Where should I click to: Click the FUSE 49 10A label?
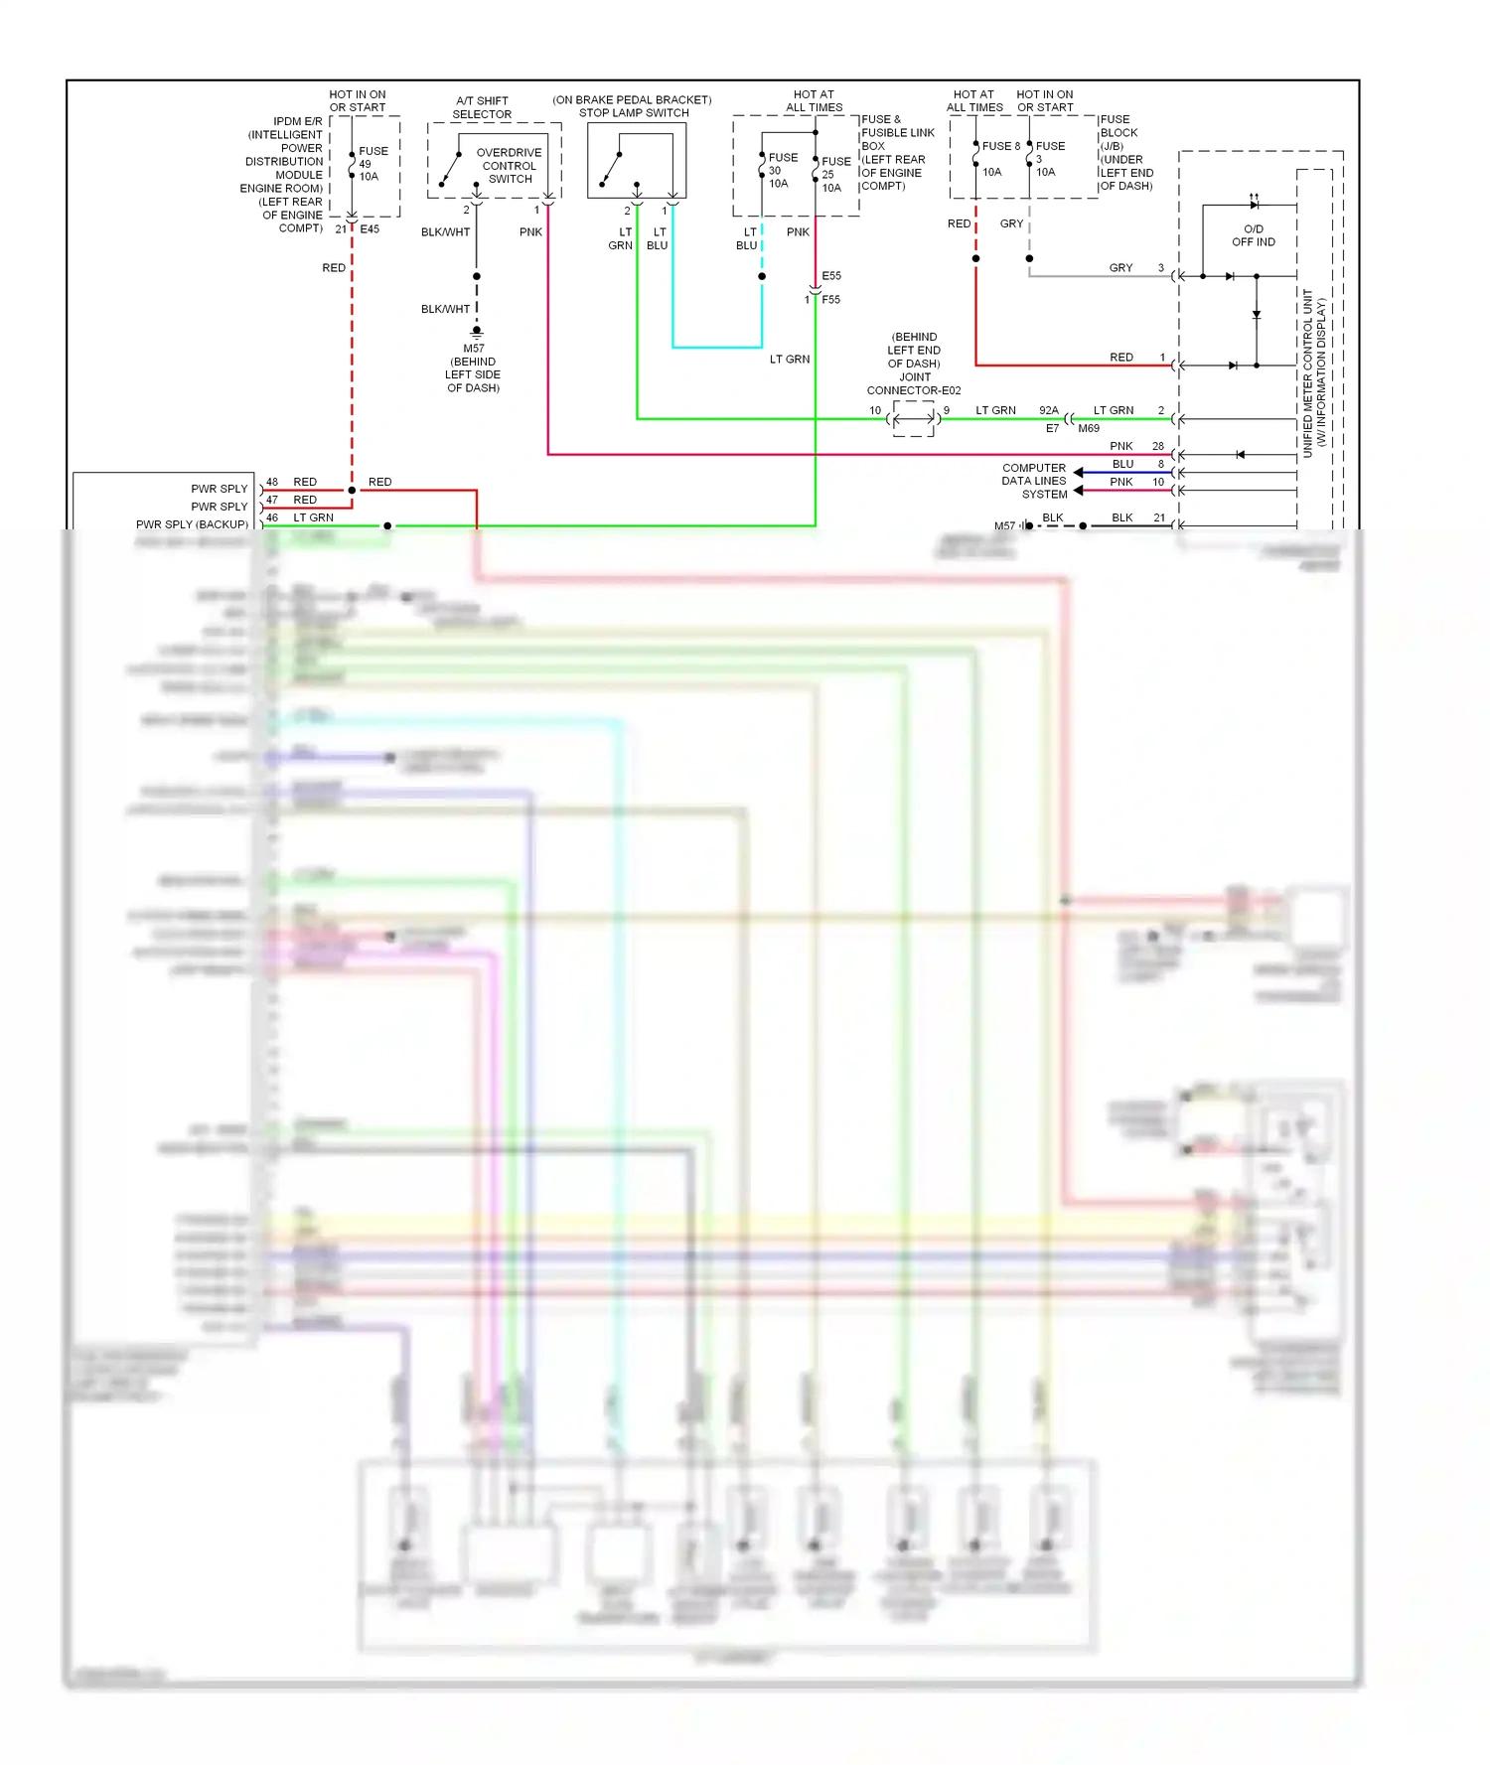372,164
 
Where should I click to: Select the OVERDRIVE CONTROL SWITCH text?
509,166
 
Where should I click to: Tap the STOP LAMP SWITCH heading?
634,113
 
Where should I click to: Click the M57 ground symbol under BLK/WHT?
477,331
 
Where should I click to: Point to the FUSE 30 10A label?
781,170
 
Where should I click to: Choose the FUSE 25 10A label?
834,174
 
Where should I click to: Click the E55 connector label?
831,276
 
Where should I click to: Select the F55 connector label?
830,300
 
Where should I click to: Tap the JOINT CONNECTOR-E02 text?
914,383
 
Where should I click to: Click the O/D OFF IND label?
1253,235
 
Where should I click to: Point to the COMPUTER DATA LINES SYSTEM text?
1034,481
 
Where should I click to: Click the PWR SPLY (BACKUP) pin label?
192,524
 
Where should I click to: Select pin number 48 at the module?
272,482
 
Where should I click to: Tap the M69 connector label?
1089,429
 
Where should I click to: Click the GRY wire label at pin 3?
1120,268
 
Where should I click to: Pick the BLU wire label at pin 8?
1122,464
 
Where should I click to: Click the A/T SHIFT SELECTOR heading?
482,107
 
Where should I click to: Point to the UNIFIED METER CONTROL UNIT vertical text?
1313,372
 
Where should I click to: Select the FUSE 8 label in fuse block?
1000,146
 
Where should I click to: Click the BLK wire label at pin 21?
1122,517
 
